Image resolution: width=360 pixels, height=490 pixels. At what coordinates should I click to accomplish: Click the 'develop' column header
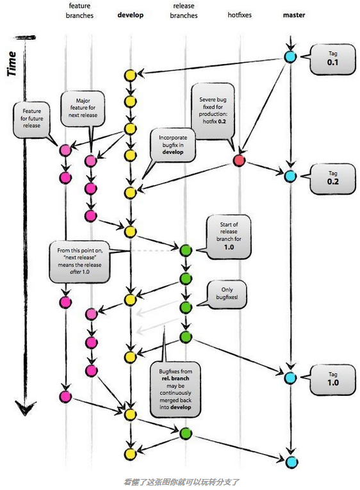click(x=131, y=15)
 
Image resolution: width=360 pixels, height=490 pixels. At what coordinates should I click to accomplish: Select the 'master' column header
click(x=293, y=15)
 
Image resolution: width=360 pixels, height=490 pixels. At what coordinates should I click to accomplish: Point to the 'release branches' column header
click(x=185, y=11)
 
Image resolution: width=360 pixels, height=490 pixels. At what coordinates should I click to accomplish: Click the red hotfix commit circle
click(x=239, y=160)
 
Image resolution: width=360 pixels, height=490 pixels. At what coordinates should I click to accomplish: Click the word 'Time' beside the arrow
click(x=12, y=64)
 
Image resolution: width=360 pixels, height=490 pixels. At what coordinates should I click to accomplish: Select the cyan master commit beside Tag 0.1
click(x=290, y=57)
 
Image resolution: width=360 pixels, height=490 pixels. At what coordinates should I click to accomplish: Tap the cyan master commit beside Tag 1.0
click(x=290, y=377)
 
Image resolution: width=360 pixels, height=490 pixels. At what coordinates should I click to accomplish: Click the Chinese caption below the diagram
click(x=183, y=481)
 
